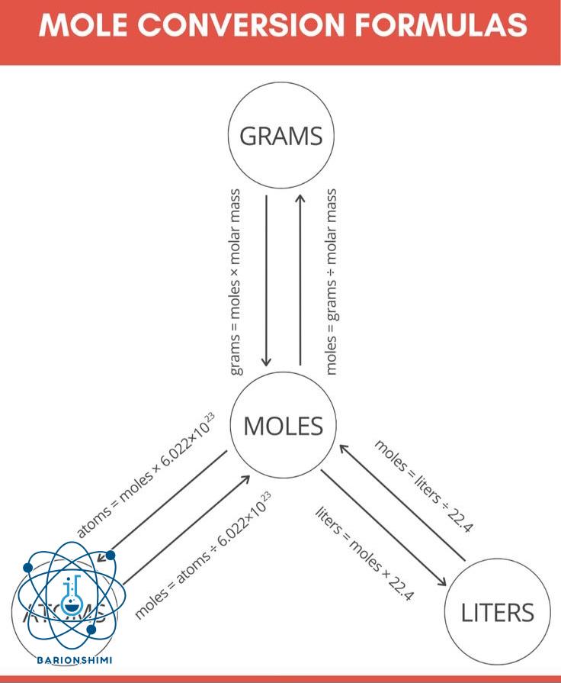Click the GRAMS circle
pos(281,137)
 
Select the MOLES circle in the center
pos(283,426)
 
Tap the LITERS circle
pos(496,613)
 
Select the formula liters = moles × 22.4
pos(364,552)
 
